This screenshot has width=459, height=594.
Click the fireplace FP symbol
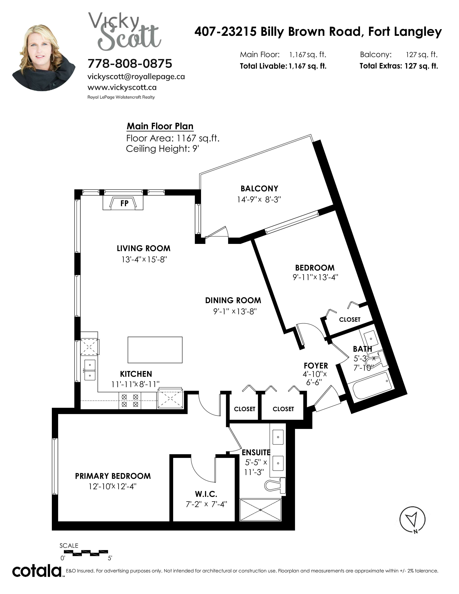click(123, 203)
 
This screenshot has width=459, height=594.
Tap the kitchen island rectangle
click(155, 350)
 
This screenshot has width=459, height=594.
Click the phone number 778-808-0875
click(130, 64)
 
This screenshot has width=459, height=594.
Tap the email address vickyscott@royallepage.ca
click(136, 77)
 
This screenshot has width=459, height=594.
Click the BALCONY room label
click(259, 188)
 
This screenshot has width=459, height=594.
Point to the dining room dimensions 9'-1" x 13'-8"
click(235, 311)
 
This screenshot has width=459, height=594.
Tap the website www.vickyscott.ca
click(122, 88)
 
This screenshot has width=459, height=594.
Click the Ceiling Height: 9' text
click(163, 149)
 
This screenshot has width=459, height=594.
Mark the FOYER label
click(316, 366)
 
